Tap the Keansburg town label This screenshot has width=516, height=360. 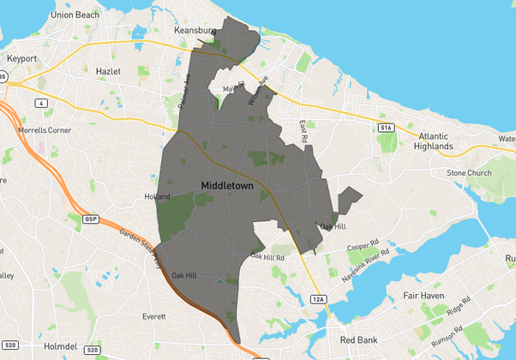194,30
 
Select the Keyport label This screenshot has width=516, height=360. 21,58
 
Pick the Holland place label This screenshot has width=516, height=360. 157,196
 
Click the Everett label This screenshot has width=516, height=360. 155,316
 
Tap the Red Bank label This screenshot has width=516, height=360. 358,340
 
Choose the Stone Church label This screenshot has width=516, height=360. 468,172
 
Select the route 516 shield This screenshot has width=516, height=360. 387,128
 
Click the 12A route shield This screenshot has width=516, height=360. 318,298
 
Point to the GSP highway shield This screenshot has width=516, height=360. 91,219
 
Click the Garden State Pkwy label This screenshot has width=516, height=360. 140,249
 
